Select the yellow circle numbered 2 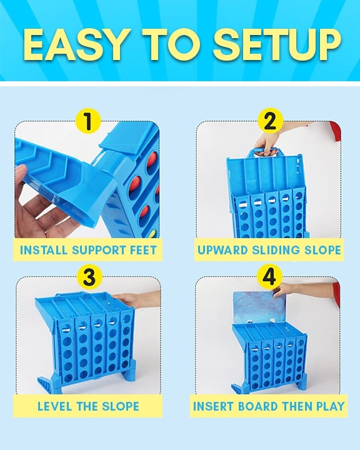pos(269,121)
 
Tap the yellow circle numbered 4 pos(269,277)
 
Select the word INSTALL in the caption pos(42,251)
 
